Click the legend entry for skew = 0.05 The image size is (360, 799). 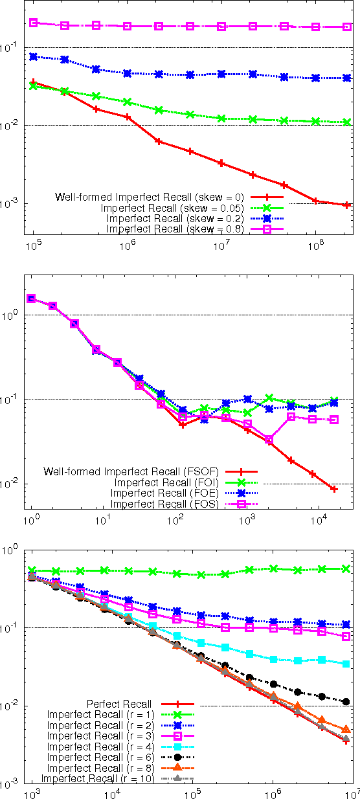[x=172, y=208]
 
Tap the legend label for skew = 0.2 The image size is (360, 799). [x=175, y=219]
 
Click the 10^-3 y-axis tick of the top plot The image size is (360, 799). [x=12, y=204]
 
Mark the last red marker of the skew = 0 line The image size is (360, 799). [x=347, y=205]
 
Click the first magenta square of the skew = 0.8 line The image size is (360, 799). [x=34, y=23]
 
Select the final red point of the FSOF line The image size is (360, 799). [x=334, y=489]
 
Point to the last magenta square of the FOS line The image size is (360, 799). [x=334, y=420]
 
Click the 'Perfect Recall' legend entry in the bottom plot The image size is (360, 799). [x=118, y=704]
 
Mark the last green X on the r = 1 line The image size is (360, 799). [x=346, y=568]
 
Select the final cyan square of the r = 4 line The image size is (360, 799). [x=346, y=664]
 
